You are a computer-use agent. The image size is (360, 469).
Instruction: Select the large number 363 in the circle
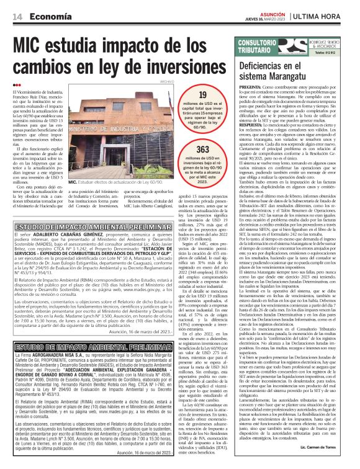[x=202, y=150]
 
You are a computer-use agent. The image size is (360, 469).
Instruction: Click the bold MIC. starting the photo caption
[x=73, y=182]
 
